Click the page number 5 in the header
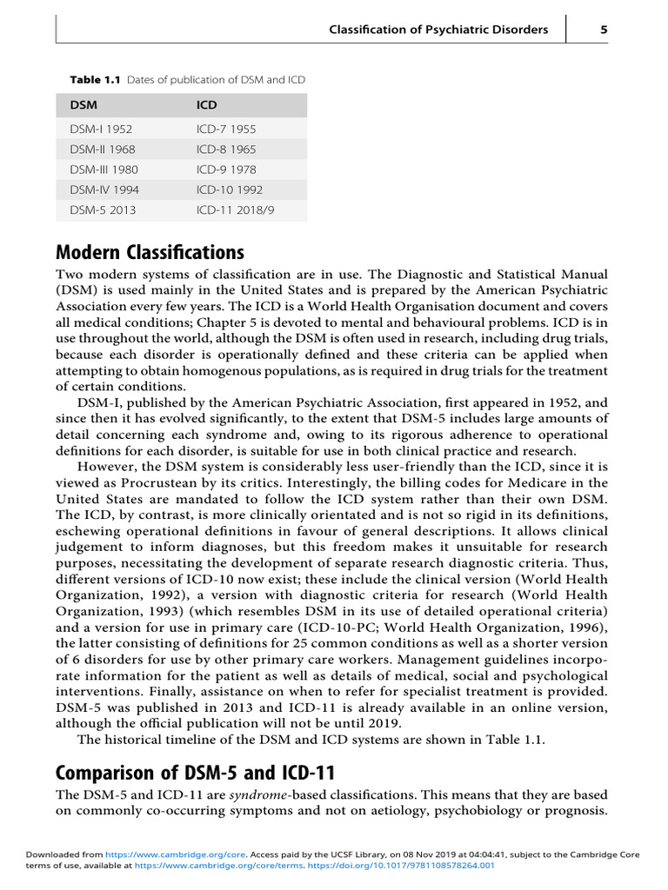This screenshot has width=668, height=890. [x=604, y=30]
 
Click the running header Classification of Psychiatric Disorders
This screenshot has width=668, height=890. [x=438, y=30]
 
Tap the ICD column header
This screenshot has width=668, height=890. [x=207, y=105]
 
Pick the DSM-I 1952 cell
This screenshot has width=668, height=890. [x=101, y=130]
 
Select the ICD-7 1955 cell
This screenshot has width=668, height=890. [x=226, y=130]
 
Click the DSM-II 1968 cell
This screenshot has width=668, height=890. [x=102, y=149]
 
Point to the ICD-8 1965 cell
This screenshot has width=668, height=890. [x=226, y=149]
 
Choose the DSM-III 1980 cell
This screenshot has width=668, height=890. [x=104, y=169]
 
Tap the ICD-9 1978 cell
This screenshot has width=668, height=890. [x=226, y=169]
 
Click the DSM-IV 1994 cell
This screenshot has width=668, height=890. [x=104, y=189]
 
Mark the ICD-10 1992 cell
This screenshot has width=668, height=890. [x=230, y=189]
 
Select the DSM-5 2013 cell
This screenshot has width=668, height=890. [x=103, y=209]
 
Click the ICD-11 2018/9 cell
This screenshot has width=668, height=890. [x=236, y=209]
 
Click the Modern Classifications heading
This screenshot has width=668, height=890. [x=150, y=253]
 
